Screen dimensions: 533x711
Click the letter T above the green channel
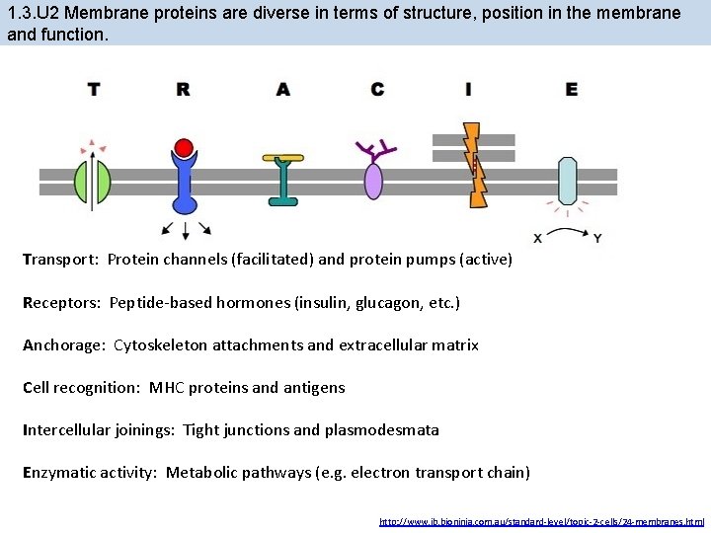point(94,90)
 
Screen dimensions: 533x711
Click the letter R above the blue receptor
point(183,90)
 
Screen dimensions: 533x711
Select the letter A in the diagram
point(283,90)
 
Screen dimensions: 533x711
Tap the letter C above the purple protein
point(377,90)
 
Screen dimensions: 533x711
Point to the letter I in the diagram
point(468,90)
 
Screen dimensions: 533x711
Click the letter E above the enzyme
point(572,90)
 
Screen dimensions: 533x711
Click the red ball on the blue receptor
point(183,149)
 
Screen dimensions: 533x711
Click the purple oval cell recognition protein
point(373,182)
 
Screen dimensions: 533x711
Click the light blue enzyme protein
point(568,182)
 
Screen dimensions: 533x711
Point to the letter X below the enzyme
point(537,238)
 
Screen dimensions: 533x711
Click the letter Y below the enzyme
point(597,238)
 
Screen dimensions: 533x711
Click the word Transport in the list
point(60,260)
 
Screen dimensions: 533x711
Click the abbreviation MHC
point(169,387)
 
